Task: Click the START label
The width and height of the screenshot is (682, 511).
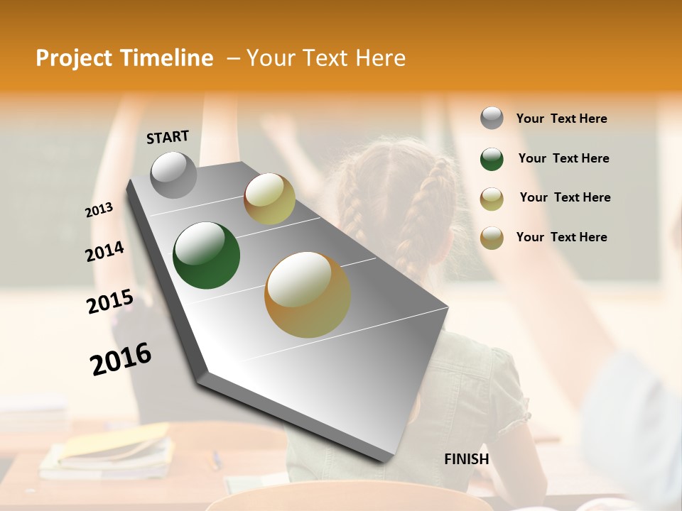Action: pos(168,137)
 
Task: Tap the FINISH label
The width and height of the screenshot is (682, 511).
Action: pos(466,459)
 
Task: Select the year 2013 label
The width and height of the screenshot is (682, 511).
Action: pos(99,210)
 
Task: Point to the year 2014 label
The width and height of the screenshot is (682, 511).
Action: pos(104,252)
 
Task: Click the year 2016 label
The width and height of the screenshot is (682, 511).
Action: pos(121,359)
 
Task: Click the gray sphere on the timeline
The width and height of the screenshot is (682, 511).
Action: pos(174,175)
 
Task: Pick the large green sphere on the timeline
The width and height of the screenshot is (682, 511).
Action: pos(206,255)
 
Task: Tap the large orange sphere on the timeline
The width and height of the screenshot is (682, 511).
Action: pos(307,295)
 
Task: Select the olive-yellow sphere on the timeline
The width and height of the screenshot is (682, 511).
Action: pos(269,199)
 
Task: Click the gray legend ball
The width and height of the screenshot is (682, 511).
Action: pos(492,119)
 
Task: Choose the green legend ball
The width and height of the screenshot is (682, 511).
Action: pos(492,159)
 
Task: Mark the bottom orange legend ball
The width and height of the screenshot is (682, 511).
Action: pos(492,238)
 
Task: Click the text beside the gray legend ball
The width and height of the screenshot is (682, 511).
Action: pos(561,119)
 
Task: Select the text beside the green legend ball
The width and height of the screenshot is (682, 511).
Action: pos(563,158)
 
